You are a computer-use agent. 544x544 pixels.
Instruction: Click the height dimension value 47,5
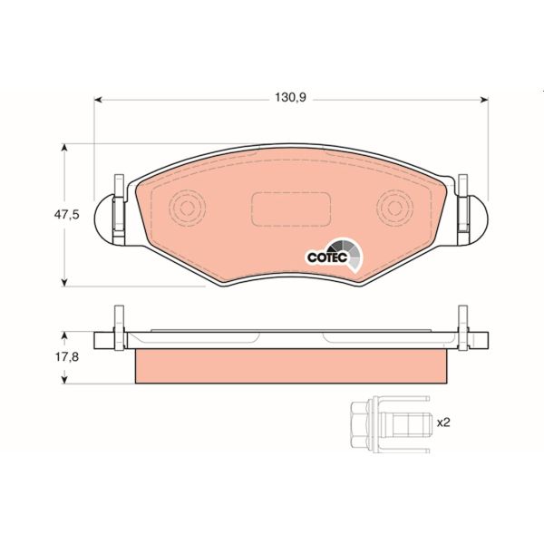[70, 215]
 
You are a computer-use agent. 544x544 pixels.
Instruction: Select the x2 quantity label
[443, 423]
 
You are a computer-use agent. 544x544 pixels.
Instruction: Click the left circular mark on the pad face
[187, 209]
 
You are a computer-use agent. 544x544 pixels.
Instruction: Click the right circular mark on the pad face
[394, 209]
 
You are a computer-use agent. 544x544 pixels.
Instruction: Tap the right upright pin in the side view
[465, 325]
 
